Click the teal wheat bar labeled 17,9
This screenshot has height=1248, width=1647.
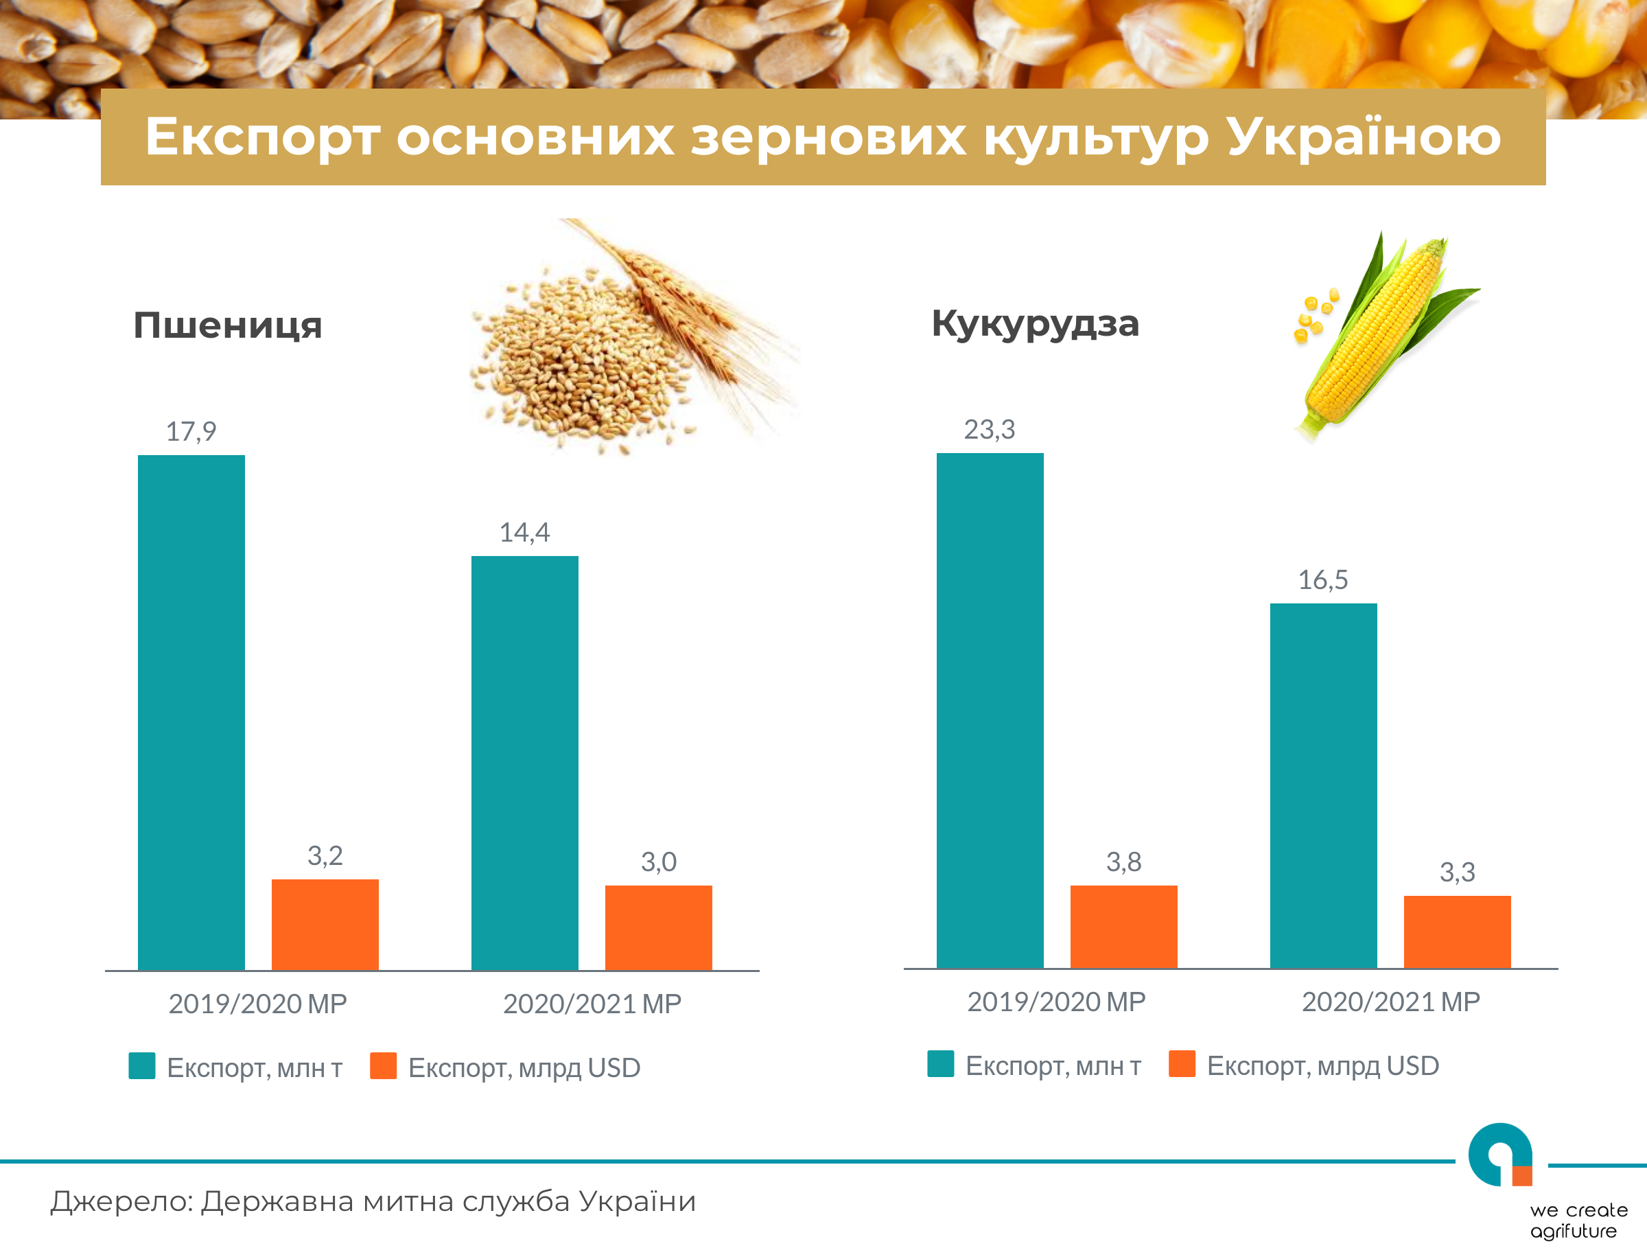coord(191,713)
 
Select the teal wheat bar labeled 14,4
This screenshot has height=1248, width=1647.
coord(525,763)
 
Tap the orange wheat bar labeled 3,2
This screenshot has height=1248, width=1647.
coord(325,925)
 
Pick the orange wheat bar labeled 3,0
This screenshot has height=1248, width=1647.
coord(659,928)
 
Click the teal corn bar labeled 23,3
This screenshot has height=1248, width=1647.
coord(990,711)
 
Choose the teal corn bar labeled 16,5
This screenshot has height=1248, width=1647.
coord(1324,786)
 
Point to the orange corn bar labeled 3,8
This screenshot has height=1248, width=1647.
coord(1124,927)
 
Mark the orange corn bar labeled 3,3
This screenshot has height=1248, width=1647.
coord(1458,932)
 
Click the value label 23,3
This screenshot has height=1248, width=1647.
coord(990,430)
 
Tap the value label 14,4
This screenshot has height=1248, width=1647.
coord(525,533)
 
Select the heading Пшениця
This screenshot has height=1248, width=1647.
coord(228,326)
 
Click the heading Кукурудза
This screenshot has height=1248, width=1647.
coord(1036,324)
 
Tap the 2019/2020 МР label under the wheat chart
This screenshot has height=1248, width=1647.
coord(257,1004)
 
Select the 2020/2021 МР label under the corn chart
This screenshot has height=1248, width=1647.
coord(1391,1002)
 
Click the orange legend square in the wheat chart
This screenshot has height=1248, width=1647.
coord(384,1065)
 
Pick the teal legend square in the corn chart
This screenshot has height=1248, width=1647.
coord(940,1064)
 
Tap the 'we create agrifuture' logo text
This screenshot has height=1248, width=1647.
coord(1578,1221)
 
